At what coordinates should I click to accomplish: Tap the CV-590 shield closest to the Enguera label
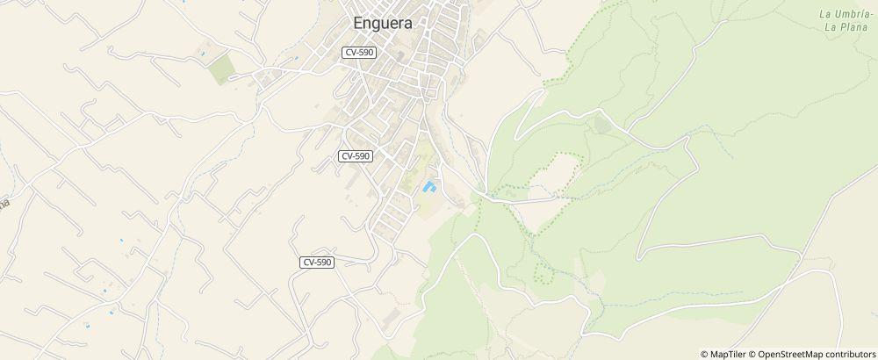(360, 53)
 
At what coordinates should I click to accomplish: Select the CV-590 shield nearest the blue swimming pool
(356, 156)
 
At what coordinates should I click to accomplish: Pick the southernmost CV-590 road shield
(317, 263)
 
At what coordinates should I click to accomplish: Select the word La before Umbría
(824, 14)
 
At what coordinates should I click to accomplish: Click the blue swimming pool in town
(430, 186)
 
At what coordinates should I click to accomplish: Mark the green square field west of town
(221, 69)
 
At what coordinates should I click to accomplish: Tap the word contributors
(849, 354)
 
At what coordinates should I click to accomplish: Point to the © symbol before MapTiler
(704, 354)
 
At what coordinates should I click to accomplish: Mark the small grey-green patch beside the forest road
(601, 126)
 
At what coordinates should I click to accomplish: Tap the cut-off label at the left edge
(4, 204)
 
